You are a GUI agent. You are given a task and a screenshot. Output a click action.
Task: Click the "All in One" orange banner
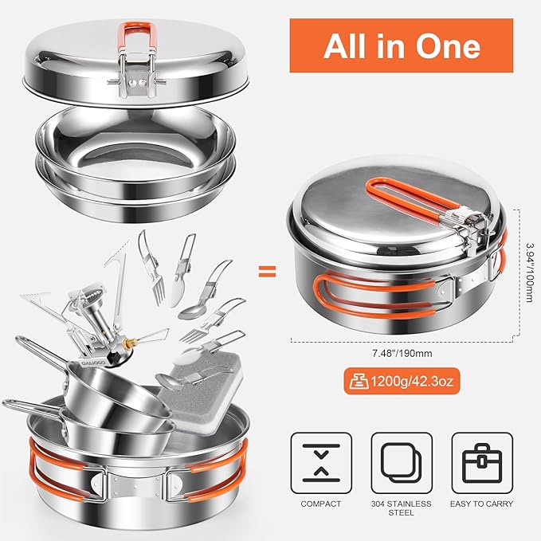coord(402,46)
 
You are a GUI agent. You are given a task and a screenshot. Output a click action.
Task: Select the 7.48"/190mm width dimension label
coord(402,354)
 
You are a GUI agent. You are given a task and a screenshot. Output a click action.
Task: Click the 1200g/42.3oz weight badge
coord(402,382)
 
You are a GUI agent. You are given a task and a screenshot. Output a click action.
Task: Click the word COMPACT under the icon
coord(321,504)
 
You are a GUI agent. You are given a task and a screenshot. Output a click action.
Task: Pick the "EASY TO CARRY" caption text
coord(482,504)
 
